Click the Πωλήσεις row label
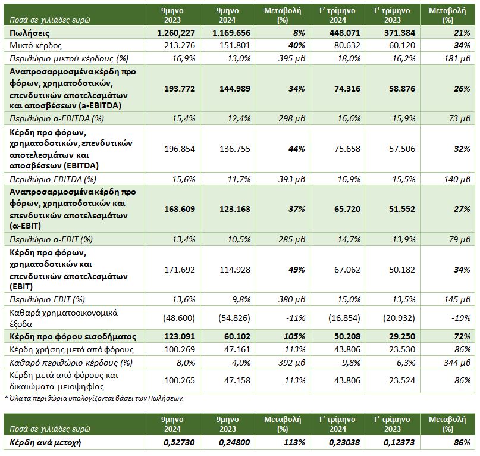click(29, 33)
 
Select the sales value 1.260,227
click(176, 33)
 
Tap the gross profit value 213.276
click(180, 45)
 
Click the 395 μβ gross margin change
click(291, 58)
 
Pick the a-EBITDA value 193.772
click(180, 89)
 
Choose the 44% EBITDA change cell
click(297, 149)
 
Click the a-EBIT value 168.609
click(180, 209)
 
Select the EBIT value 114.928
click(235, 270)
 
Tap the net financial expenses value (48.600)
click(179, 318)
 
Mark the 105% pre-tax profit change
click(294, 336)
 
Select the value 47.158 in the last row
click(237, 380)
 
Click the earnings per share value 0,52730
click(179, 442)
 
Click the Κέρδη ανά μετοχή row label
click(45, 442)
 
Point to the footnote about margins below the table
click(95, 398)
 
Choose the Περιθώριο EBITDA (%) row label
click(53, 179)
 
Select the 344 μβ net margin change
click(457, 363)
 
